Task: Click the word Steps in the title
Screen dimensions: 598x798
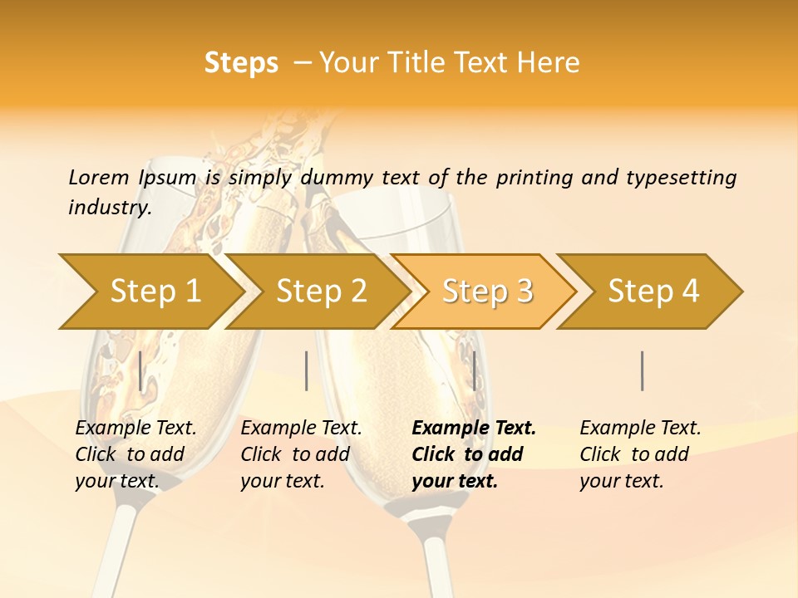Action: tap(241, 63)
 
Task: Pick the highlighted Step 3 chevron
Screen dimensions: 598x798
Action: tap(487, 291)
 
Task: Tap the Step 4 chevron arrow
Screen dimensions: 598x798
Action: tap(653, 291)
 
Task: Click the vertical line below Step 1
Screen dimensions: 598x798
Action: tap(140, 370)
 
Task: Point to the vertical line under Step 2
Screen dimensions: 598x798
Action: tap(307, 370)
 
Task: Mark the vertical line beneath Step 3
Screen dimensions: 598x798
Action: tap(474, 370)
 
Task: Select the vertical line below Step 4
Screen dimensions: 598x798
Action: tap(642, 370)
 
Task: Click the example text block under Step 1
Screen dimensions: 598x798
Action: tap(135, 454)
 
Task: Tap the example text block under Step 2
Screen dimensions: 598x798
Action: tap(301, 454)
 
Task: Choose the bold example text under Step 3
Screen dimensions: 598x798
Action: tap(474, 454)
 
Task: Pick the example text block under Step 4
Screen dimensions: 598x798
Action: tap(640, 454)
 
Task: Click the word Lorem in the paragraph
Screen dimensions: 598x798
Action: tap(99, 178)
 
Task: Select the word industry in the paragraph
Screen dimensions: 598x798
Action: tap(109, 208)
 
